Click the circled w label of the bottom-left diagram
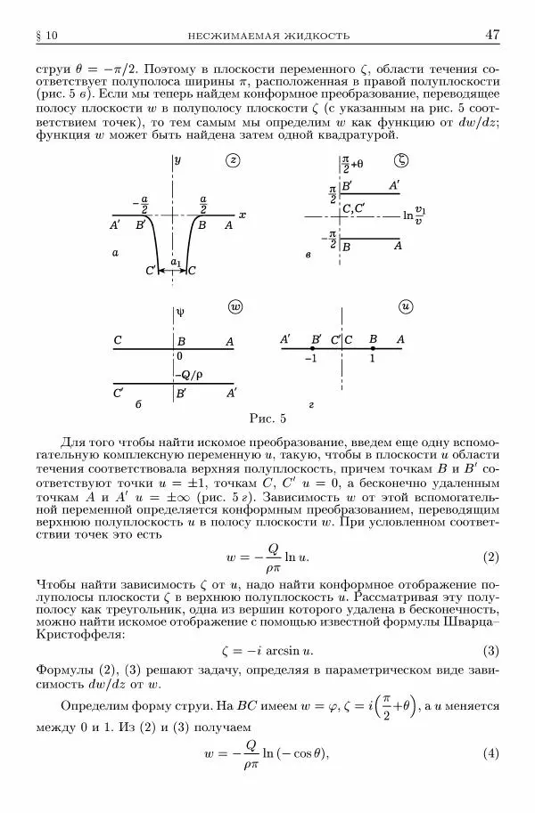pos(235,306)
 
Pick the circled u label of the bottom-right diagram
pos(407,306)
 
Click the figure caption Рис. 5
pos(267,418)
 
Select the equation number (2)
pos(490,557)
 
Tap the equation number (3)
pos(490,650)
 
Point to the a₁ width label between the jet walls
pos(176,262)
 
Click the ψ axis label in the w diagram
pos(180,313)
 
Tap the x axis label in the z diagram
pos(243,215)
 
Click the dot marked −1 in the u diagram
pos(311,349)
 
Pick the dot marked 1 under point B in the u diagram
pos(373,349)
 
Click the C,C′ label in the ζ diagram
pos(354,209)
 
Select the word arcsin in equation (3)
pos(277,650)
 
